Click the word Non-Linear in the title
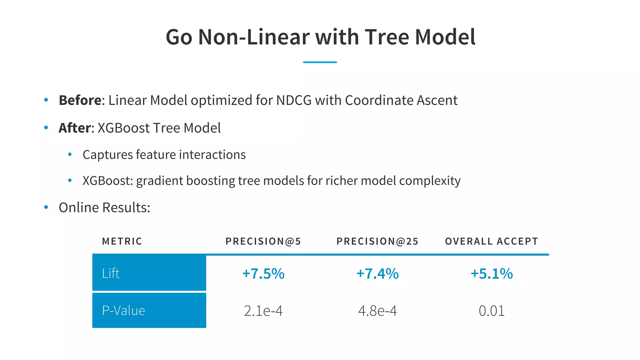point(254,37)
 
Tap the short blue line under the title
point(320,62)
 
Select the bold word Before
point(80,101)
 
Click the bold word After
point(75,128)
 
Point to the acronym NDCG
point(294,101)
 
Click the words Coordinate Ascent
point(401,101)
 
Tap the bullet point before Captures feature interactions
point(70,154)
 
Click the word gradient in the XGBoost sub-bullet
point(159,181)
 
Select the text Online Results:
point(104,207)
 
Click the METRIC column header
point(122,241)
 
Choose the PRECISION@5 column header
point(263,241)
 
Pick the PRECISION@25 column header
point(377,241)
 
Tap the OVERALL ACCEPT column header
point(492,241)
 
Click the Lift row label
point(111,273)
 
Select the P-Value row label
point(123,311)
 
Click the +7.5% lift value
point(263,274)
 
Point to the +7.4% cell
point(377,274)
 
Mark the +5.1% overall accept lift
point(492,274)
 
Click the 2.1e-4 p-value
point(263,311)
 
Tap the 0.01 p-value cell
point(492,311)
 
